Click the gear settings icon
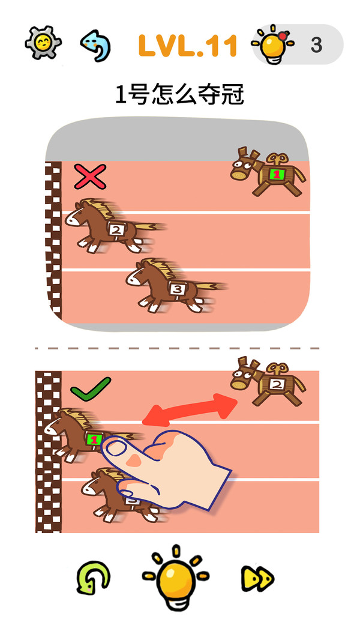coord(43,43)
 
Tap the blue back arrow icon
coord(95,45)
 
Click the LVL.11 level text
coord(188,45)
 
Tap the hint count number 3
coord(316,45)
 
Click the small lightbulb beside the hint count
coord(273,44)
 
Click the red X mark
coord(90,177)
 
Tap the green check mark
coord(91,388)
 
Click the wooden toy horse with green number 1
coord(268,172)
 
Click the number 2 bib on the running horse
coord(116,229)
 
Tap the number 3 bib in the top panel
coord(178,289)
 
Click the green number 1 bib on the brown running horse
coord(94,439)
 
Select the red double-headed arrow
coord(190,410)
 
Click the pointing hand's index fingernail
coord(117,448)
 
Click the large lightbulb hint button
coord(176,577)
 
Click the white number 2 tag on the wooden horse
coord(276,384)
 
